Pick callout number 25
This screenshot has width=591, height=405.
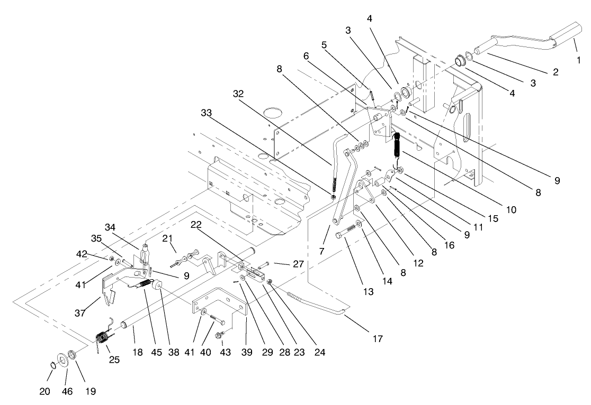114,360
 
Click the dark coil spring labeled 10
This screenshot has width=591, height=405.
397,145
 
